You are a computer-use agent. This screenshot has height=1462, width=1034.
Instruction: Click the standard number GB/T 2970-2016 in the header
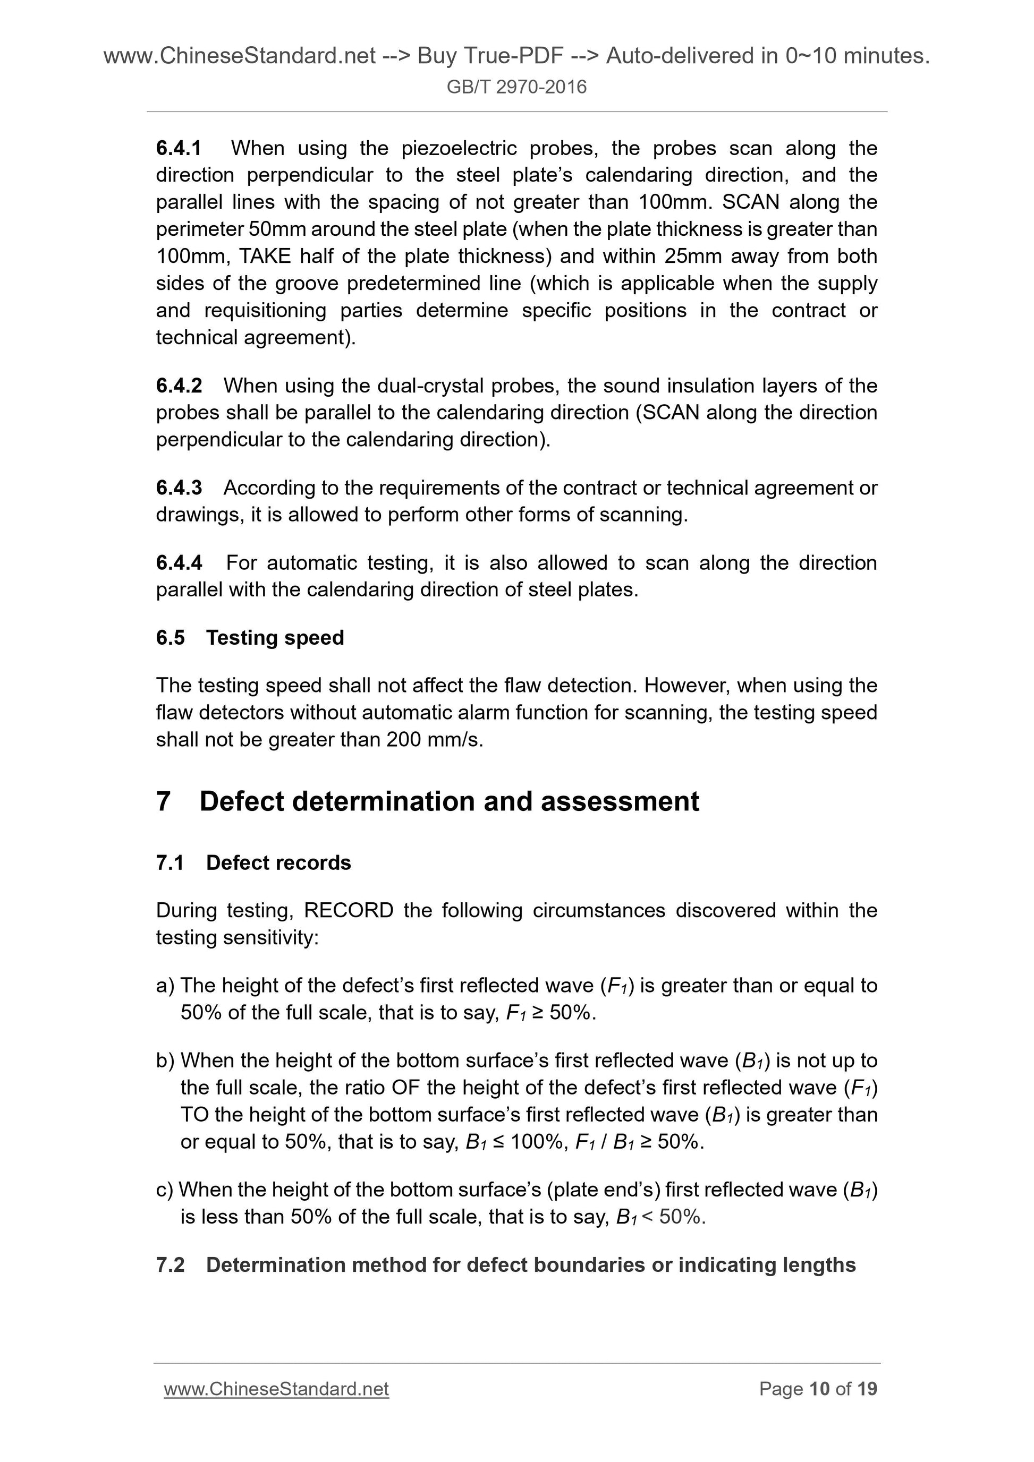pos(516,87)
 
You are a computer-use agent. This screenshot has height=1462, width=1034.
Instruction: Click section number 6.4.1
pos(179,148)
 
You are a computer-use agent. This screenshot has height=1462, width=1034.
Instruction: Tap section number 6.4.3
pos(179,487)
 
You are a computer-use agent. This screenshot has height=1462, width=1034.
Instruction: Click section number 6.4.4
pos(179,562)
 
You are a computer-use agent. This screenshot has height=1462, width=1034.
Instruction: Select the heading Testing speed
pos(275,637)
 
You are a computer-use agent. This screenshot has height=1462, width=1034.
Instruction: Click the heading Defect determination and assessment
pos(448,801)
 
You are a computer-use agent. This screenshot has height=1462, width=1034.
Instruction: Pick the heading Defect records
pos(278,862)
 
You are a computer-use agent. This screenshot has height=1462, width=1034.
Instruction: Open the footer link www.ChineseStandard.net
pos(276,1389)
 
